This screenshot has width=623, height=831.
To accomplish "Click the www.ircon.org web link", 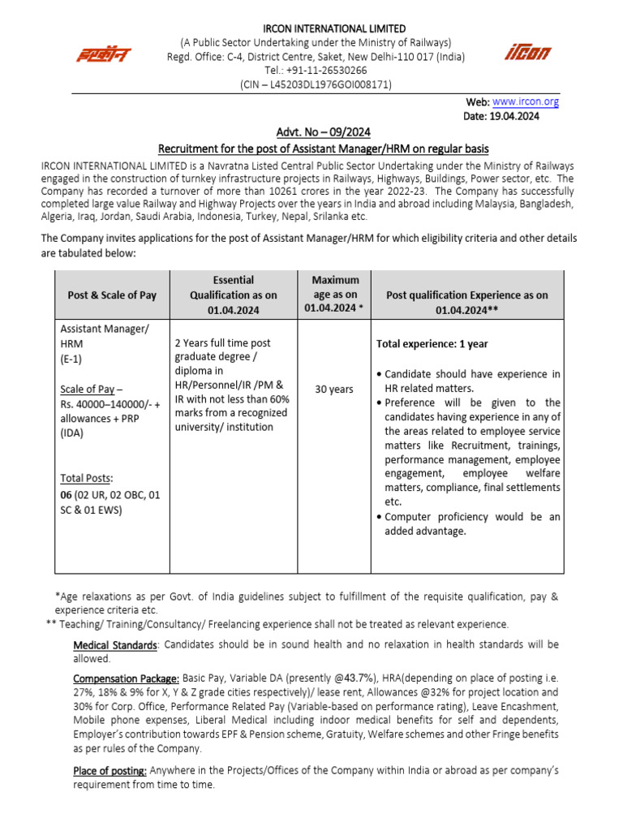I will (x=526, y=101).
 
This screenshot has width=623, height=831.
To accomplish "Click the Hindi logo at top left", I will (x=103, y=54).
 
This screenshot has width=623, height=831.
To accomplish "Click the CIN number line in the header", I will (x=316, y=84).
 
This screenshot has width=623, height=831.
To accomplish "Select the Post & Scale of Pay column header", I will (x=112, y=295).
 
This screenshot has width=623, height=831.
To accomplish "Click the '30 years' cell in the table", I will (x=333, y=389).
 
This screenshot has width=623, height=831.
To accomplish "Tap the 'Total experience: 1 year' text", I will (x=432, y=344).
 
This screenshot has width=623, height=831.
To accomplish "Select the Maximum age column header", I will (x=335, y=294).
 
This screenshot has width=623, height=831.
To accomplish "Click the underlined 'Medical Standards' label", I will (x=114, y=644).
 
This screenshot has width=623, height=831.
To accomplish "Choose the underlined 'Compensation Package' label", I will (x=126, y=677).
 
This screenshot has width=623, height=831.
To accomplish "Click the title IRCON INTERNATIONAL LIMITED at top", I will (x=316, y=29).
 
